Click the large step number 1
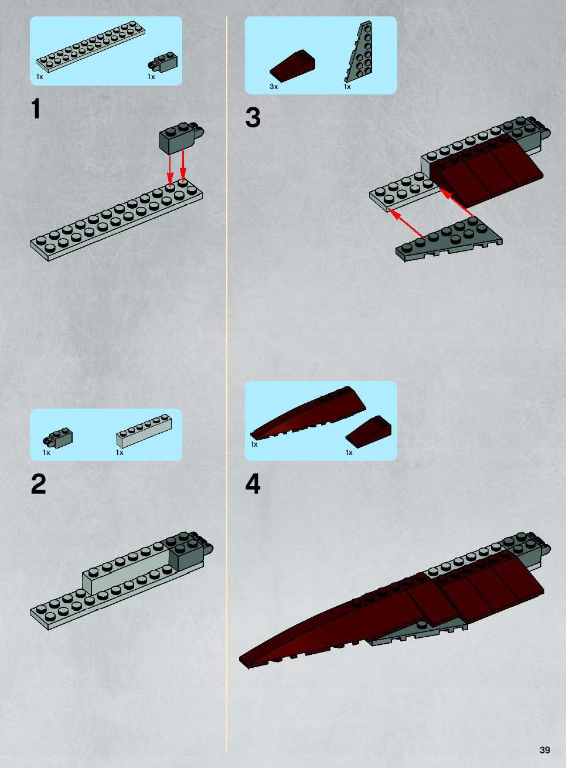pyautogui.click(x=36, y=108)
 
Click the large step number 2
pyautogui.click(x=38, y=484)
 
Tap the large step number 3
pyautogui.click(x=253, y=117)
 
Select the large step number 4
pyautogui.click(x=253, y=484)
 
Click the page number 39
pyautogui.click(x=545, y=750)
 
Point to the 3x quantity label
pyautogui.click(x=274, y=87)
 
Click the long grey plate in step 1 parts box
pyautogui.click(x=91, y=47)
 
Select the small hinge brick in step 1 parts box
pyautogui.click(x=162, y=62)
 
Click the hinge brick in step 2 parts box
pyautogui.click(x=58, y=437)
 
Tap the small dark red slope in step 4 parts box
pyautogui.click(x=369, y=431)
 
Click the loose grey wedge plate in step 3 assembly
pyautogui.click(x=449, y=240)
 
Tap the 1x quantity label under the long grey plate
pyautogui.click(x=40, y=77)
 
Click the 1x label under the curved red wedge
pyautogui.click(x=254, y=444)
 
